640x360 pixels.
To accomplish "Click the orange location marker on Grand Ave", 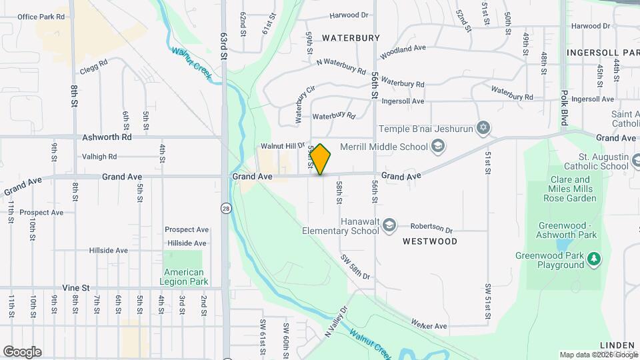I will (321, 159).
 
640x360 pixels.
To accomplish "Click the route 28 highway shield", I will (227, 208).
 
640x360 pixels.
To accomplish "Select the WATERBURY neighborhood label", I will (351, 38).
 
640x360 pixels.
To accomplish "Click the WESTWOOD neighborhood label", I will (430, 241).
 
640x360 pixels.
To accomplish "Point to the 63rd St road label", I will (225, 47).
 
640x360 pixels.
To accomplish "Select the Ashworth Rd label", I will (107, 137).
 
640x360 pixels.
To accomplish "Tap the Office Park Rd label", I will (41, 17).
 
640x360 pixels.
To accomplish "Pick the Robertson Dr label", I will (431, 227).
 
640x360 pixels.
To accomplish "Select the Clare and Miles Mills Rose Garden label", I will (571, 189).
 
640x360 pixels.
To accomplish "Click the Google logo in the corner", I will (22, 352).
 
